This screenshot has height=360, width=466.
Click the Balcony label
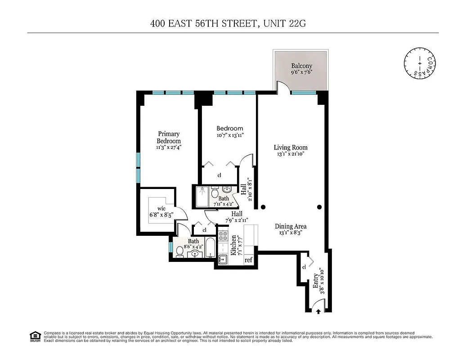click(301, 66)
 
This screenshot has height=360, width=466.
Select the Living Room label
click(291, 148)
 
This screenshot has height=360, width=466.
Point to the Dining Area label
click(291, 226)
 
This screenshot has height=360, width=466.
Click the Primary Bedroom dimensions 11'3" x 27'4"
click(169, 147)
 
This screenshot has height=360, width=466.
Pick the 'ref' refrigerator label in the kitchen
click(248, 260)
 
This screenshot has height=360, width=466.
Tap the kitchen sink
click(223, 259)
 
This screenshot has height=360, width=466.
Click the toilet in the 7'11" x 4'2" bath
click(227, 190)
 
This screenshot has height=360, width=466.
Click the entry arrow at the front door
click(318, 310)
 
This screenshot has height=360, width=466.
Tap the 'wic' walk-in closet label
click(161, 208)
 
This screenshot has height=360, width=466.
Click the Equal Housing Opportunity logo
click(34, 336)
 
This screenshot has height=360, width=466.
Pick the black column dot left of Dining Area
click(263, 207)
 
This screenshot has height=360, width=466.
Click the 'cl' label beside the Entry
click(305, 267)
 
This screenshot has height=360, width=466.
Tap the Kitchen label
click(233, 245)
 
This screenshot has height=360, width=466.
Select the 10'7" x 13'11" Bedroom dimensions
click(230, 135)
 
